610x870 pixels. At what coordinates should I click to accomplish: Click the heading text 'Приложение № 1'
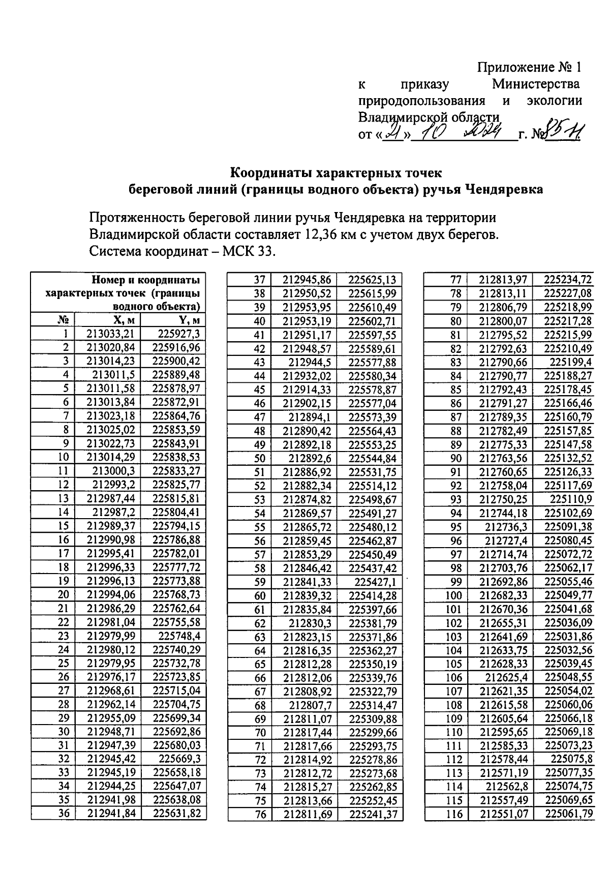(529, 68)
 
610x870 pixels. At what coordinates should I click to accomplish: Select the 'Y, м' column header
(189, 319)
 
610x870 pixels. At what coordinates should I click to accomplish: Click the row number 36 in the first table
(64, 813)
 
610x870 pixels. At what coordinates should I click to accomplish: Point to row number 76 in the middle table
(260, 815)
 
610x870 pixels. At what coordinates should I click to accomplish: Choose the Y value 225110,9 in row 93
(571, 499)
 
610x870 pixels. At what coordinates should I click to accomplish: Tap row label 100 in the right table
(454, 595)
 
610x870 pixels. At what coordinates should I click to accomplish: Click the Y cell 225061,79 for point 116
(569, 814)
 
